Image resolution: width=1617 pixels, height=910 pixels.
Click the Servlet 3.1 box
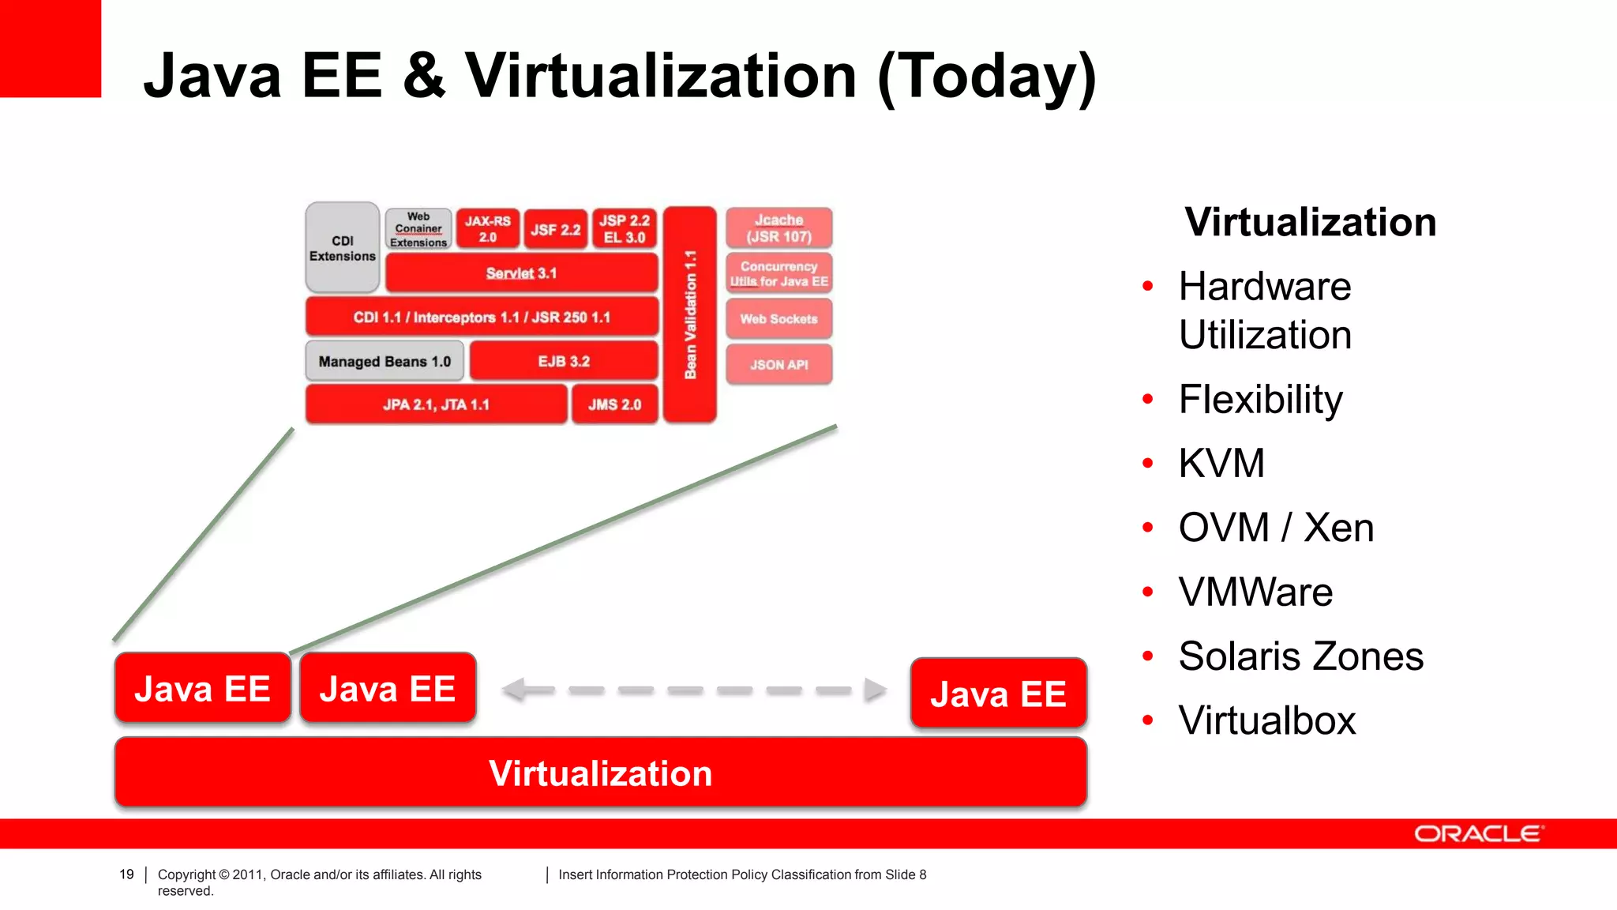521,273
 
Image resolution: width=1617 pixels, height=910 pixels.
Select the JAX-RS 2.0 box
487,229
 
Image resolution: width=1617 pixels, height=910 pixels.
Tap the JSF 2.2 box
555,230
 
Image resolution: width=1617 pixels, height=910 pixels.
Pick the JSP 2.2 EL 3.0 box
624,229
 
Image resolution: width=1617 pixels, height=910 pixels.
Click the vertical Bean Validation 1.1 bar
690,314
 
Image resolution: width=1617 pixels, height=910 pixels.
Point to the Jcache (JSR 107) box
778,228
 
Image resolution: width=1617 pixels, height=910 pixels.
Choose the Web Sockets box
778,319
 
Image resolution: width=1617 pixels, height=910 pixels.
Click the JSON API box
778,365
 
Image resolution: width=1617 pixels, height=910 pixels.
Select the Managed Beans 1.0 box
385,362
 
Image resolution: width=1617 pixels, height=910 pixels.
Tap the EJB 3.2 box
564,362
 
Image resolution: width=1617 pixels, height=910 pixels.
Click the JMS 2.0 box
614,404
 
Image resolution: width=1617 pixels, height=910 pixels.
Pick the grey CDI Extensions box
343,248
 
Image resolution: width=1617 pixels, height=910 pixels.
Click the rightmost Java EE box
998,694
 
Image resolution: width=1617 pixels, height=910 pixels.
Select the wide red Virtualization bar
600,773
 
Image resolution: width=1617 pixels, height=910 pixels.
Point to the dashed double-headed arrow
694,690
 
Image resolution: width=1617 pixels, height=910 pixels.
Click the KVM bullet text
1221,464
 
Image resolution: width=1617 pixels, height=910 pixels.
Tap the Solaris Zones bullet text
1300,656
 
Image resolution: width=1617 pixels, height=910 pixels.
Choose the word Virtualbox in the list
1266,720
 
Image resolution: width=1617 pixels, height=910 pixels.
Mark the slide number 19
126,874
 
